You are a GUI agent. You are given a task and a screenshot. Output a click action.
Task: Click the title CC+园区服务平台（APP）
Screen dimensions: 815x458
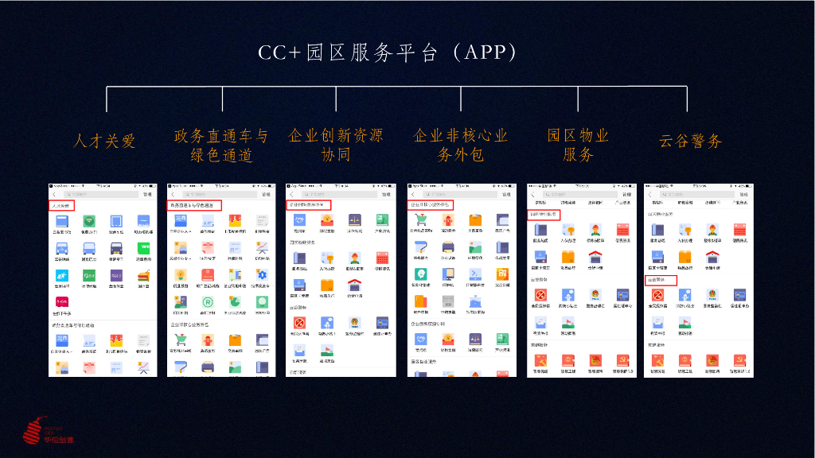388,52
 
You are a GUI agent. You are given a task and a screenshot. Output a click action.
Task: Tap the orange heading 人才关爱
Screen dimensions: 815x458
104,142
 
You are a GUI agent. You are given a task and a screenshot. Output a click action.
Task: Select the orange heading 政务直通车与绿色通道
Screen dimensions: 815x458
221,145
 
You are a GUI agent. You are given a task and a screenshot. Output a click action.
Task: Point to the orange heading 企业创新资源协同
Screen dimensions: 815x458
335,145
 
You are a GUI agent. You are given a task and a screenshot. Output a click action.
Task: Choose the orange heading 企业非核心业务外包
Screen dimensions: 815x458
460,145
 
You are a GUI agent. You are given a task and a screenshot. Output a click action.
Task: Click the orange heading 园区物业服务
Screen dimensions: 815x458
578,145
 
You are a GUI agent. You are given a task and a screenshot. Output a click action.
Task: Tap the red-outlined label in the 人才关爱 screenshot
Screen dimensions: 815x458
62,205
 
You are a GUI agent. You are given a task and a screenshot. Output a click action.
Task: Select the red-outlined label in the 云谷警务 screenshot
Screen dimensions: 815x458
660,280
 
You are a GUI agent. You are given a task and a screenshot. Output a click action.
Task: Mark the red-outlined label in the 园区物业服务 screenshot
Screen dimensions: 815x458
544,214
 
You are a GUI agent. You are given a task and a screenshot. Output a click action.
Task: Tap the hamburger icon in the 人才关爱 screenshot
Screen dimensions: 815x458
143,277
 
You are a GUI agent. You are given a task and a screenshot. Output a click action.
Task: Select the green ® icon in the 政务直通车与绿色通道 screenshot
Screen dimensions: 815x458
207,302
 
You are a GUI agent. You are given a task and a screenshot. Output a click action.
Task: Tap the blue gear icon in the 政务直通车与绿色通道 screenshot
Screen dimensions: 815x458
261,276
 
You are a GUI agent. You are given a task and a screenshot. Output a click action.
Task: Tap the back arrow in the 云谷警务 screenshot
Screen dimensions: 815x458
650,194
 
